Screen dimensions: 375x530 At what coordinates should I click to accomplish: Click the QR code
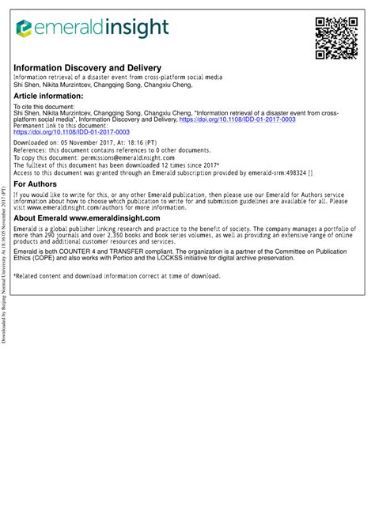click(336, 37)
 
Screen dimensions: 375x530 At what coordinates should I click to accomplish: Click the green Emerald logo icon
click(24, 29)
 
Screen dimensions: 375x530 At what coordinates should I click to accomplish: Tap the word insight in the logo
click(134, 28)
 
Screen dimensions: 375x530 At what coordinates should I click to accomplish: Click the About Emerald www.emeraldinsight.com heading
click(87, 218)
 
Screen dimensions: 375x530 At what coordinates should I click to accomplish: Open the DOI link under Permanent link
click(70, 133)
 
